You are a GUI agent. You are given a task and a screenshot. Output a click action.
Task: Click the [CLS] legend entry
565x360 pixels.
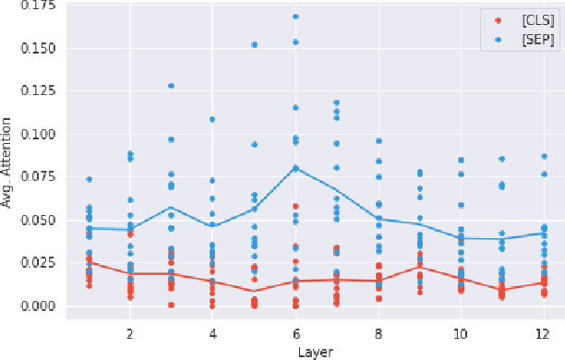coord(523,19)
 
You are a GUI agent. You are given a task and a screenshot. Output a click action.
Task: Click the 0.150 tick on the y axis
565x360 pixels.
coord(36,48)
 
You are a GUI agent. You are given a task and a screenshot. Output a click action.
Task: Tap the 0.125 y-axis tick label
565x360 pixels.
coord(36,91)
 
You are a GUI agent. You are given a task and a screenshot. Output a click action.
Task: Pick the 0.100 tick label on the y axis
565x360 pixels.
coord(36,134)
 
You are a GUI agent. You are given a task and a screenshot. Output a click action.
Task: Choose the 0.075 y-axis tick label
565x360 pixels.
coord(36,177)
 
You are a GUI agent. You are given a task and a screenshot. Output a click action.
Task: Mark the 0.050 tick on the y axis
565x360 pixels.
coord(36,220)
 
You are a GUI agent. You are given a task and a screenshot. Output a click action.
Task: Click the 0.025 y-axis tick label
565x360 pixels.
coord(36,263)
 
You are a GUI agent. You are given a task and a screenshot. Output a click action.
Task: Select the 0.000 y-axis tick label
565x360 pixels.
coord(36,306)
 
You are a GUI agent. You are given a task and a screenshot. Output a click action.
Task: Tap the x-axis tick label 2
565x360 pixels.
coord(130,332)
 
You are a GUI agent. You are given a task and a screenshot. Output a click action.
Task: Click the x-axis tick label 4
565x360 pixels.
coord(212,332)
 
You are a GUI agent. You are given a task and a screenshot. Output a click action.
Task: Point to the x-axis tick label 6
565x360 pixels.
coord(295,332)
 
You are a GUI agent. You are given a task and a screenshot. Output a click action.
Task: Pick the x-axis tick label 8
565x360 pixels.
coord(378,332)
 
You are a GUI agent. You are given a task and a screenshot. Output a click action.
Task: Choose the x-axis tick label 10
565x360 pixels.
coord(461,332)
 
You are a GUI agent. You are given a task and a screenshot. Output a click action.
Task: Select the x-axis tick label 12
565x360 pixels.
coord(543,332)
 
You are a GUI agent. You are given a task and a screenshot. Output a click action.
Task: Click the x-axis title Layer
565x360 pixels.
coord(316,351)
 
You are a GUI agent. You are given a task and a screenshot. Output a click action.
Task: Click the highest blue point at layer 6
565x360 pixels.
coord(295,17)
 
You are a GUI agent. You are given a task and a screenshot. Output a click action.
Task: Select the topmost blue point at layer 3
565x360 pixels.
coord(172,86)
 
